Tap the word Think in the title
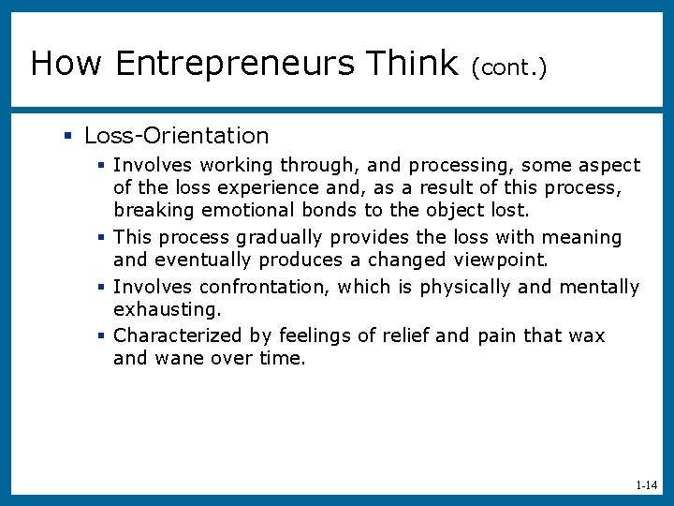pos(412,64)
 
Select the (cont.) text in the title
pos(509,66)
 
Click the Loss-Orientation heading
pos(176,136)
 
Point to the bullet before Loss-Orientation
pos(67,137)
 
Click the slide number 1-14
pos(646,485)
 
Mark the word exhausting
pos(167,308)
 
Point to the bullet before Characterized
pos(103,335)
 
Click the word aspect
pos(609,166)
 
